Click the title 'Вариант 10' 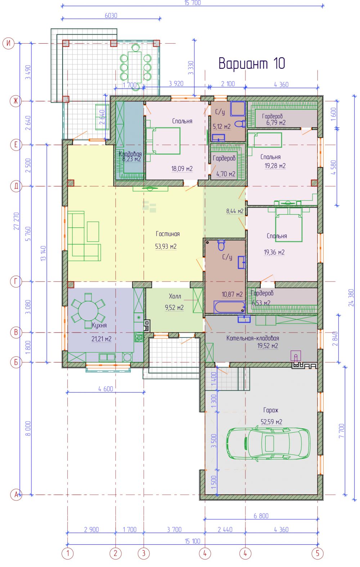(252, 63)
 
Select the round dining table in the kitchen (88, 311)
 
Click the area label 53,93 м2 (166, 246)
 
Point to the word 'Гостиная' (168, 234)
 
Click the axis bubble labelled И (8, 43)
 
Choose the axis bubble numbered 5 (318, 554)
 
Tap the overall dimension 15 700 (193, 3)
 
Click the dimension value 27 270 (16, 221)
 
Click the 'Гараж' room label (271, 410)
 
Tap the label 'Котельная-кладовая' (253, 338)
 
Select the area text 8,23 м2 (132, 159)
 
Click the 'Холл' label (175, 296)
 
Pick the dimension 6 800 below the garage (261, 516)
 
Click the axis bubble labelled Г (16, 282)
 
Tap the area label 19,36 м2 (274, 252)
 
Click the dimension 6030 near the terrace (111, 16)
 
